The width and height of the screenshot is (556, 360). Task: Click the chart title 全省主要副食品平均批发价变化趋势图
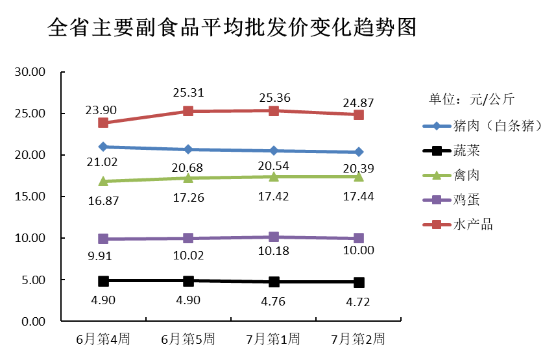[232, 28]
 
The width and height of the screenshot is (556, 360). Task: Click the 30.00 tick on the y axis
[29, 72]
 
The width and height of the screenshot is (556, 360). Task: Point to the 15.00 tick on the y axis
[29, 197]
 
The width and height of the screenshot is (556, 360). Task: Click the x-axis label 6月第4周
[103, 339]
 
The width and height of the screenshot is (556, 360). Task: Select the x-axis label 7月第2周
[358, 339]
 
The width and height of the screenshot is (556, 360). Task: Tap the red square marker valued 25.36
[274, 111]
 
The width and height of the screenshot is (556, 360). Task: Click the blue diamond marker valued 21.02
[103, 147]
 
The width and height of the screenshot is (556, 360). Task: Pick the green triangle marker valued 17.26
[188, 177]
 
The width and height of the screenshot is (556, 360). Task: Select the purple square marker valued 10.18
[274, 237]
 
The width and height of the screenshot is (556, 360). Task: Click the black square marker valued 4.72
[359, 282]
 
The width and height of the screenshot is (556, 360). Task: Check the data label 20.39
[358, 169]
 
